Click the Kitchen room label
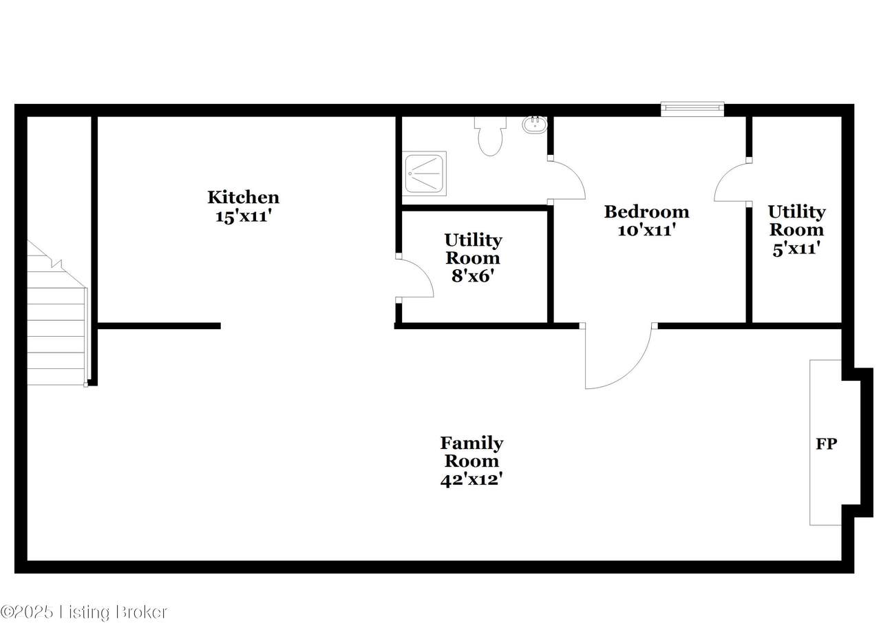point(244,197)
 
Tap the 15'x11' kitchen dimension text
point(244,216)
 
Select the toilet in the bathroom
point(490,136)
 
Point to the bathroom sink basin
point(535,125)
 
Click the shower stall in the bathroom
point(424,174)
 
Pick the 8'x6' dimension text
point(472,276)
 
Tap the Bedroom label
point(646,211)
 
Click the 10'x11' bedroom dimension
point(646,230)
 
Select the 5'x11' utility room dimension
point(796,249)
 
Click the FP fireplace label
point(827,444)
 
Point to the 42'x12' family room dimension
point(471,480)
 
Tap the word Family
point(471,443)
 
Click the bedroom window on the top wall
point(692,109)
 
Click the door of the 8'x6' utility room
point(425,271)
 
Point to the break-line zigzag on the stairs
point(56,263)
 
